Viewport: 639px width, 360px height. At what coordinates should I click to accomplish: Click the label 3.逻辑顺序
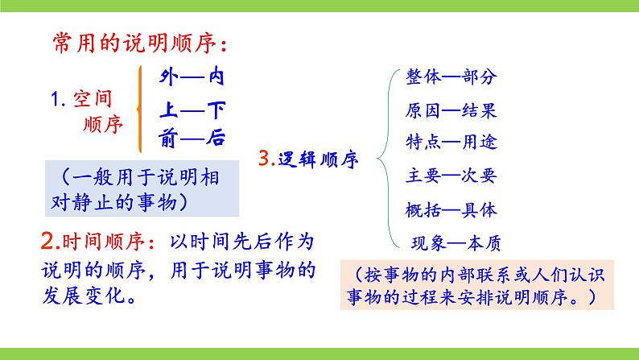click(x=309, y=158)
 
